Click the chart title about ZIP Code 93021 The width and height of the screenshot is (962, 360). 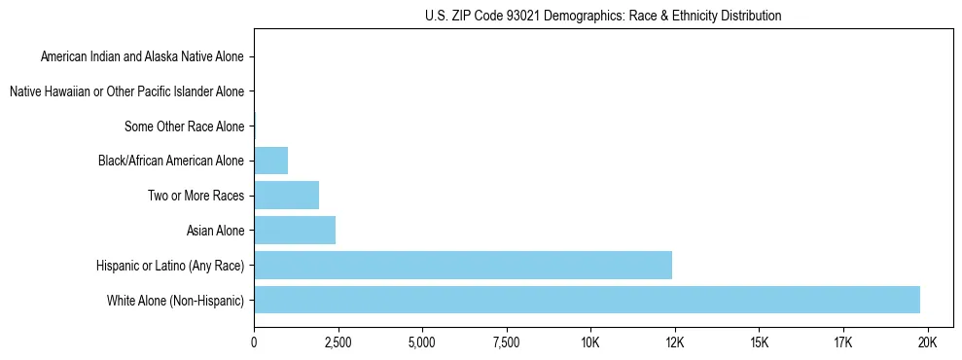click(603, 16)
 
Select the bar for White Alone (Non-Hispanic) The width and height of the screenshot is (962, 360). click(587, 300)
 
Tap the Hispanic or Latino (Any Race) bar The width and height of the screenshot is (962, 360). click(463, 265)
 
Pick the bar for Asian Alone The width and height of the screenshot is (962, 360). click(295, 231)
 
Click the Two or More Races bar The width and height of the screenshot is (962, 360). click(286, 196)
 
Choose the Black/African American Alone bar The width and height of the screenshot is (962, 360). click(270, 161)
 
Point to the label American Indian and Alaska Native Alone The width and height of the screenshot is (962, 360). click(142, 56)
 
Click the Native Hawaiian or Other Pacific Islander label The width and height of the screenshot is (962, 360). click(126, 91)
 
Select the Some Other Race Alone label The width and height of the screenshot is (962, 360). click(185, 126)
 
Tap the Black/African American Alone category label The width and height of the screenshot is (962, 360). click(171, 161)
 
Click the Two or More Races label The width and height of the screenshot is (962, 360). click(196, 196)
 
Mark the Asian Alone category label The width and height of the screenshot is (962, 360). click(215, 231)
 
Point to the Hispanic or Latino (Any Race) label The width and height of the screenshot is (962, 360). click(170, 265)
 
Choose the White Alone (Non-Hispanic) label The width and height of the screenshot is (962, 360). click(176, 300)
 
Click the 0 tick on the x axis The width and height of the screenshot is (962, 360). click(254, 342)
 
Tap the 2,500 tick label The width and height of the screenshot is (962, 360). click(338, 342)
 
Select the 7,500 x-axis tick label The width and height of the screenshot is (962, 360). click(506, 342)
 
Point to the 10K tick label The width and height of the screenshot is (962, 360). click(590, 342)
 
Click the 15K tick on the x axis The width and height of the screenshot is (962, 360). click(759, 342)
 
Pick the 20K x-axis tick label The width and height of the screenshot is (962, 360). click(927, 342)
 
